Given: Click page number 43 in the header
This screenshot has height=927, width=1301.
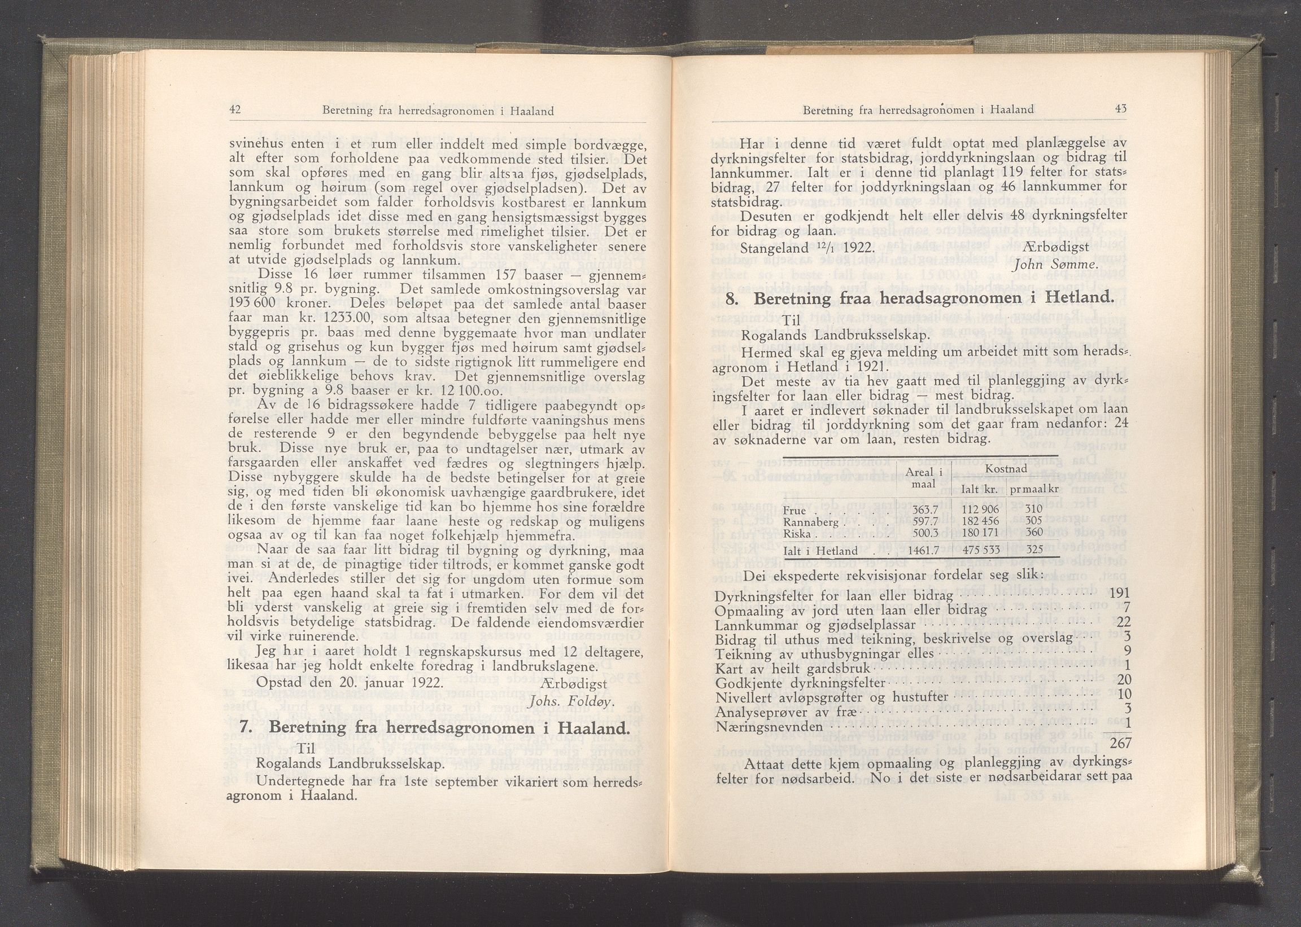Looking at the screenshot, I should click(x=1119, y=108).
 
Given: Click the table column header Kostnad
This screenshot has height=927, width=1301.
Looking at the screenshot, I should click(x=1006, y=469).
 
